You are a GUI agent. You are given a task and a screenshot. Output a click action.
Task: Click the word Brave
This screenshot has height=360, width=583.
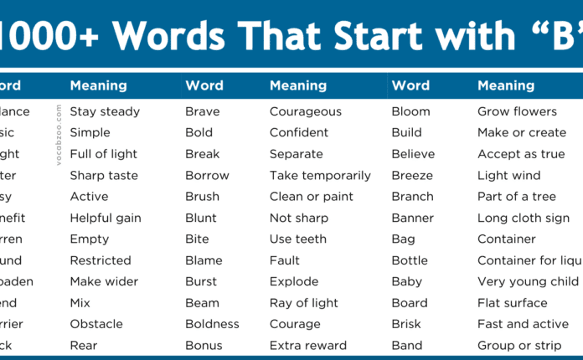202,111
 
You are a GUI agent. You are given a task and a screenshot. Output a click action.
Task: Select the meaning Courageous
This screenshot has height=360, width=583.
305,111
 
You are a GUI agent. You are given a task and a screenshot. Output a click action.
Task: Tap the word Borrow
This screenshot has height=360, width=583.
207,176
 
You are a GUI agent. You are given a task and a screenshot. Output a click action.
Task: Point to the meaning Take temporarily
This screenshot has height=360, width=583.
320,176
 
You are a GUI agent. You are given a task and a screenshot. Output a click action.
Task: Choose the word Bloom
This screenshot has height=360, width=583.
410,111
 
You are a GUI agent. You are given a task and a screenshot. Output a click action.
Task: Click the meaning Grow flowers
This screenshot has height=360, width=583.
517,111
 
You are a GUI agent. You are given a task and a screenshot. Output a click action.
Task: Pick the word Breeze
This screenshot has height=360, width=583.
412,176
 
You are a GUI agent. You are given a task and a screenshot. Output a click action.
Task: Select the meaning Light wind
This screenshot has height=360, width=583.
508,176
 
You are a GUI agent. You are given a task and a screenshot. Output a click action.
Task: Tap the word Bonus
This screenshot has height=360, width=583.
203,345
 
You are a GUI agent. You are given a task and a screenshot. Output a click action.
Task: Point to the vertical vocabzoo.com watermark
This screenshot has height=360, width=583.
59,135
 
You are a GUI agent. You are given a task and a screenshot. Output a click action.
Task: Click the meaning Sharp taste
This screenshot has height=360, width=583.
104,176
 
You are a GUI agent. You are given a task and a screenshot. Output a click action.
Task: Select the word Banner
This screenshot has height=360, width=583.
413,218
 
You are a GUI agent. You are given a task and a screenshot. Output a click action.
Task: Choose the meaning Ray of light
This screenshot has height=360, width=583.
302,303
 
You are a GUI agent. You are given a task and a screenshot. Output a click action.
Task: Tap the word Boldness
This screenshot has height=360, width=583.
212,324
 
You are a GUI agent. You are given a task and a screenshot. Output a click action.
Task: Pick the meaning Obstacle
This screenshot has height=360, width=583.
95,324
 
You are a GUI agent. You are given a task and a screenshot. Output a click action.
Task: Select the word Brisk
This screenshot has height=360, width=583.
407,324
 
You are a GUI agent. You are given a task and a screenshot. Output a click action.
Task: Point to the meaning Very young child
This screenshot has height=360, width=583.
528,281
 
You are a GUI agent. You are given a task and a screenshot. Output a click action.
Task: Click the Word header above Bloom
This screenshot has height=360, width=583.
410,85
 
